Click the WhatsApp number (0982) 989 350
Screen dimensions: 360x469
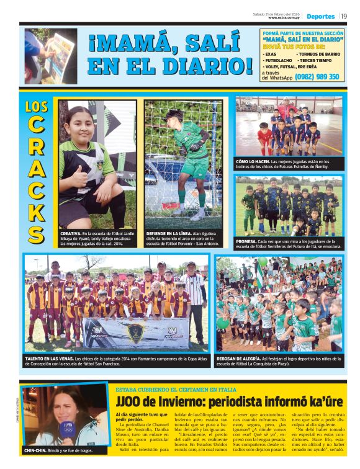tap(317, 77)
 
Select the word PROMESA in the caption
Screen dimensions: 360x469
tap(248, 241)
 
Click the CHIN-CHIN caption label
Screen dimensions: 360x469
tap(37, 450)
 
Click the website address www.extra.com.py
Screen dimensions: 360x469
tap(284, 17)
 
